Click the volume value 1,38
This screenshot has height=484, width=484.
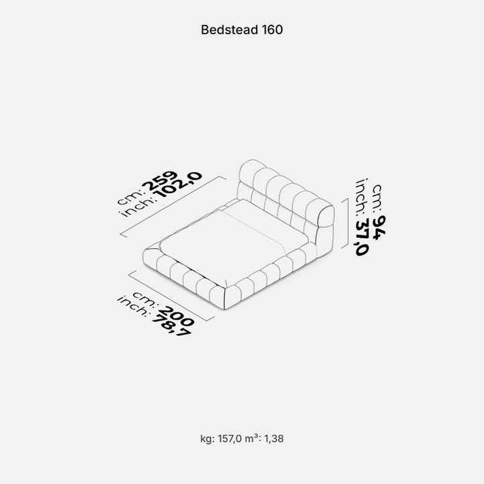point(274,439)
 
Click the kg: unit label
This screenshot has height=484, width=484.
point(207,439)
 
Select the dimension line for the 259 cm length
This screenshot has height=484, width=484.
point(173,207)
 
